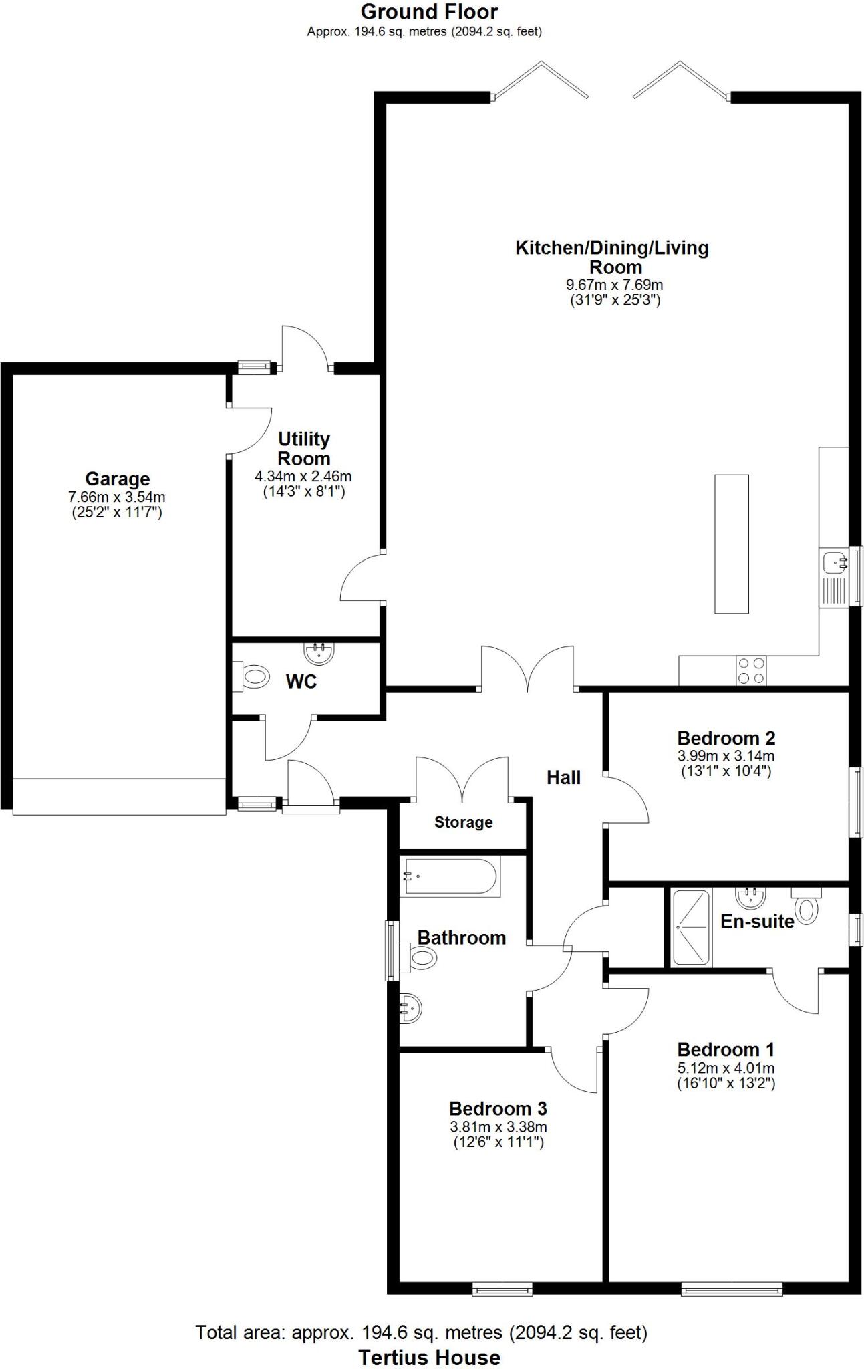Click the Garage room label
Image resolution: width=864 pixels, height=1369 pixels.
click(117, 479)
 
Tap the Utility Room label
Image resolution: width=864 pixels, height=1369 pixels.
click(304, 449)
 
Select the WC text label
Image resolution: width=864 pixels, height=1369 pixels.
click(301, 682)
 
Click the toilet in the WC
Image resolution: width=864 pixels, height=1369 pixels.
click(253, 676)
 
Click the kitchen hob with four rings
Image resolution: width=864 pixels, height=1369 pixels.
click(750, 670)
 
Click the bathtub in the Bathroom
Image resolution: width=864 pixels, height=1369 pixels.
click(450, 877)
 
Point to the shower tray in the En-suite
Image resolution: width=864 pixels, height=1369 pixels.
click(690, 927)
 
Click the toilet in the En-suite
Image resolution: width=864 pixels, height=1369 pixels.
click(807, 908)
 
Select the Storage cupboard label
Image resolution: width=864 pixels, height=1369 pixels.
click(463, 822)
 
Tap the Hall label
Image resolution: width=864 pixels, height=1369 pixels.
click(563, 777)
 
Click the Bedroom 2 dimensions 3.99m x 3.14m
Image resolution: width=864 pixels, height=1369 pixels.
click(726, 756)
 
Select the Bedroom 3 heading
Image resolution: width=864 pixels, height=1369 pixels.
click(498, 1108)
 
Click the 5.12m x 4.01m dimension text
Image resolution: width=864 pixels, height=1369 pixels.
click(726, 1068)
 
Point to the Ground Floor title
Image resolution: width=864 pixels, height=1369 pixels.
click(429, 11)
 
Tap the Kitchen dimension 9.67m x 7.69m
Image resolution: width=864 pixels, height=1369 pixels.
click(614, 285)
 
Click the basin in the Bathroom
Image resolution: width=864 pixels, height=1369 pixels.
click(410, 1007)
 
